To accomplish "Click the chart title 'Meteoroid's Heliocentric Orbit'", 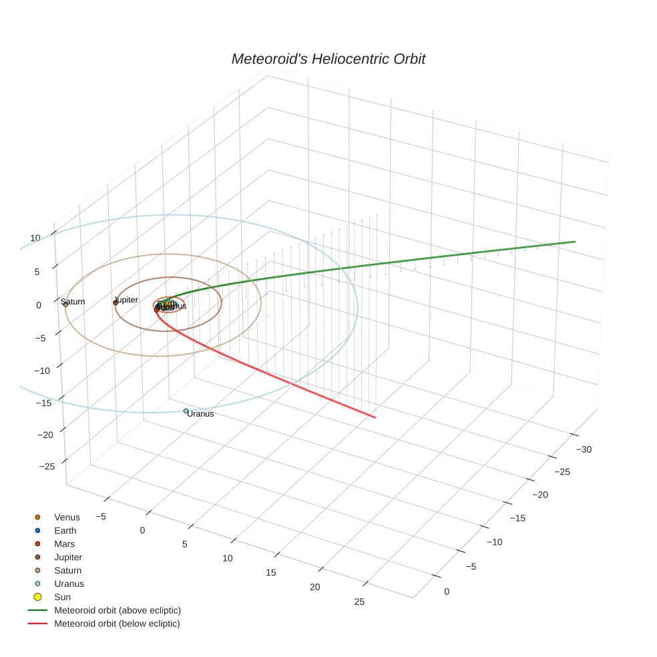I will (328, 59).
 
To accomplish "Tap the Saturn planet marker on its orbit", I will (65, 304).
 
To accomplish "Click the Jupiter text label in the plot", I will (126, 300).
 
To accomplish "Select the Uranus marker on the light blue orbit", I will (186, 411).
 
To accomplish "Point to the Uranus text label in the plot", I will (200, 414).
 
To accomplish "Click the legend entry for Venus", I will (67, 517).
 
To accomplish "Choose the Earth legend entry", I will (65, 531).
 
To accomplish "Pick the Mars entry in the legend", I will (65, 544).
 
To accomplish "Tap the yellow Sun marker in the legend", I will (38, 597).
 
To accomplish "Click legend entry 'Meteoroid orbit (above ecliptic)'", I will (118, 610).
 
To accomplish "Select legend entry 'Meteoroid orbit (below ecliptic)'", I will (117, 624).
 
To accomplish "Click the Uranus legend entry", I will (69, 584).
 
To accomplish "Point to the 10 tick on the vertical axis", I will (35, 238).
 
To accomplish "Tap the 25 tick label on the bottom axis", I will (359, 602).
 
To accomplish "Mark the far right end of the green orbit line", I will (575, 242).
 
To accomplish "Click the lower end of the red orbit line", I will (375, 417).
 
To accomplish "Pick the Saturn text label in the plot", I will (73, 302).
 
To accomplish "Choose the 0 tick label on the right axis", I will (447, 592).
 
